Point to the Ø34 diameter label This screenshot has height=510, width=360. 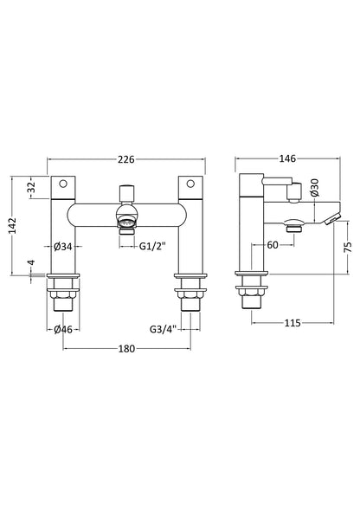point(62,246)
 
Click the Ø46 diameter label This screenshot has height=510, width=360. point(62,329)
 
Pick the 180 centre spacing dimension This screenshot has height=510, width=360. point(126,350)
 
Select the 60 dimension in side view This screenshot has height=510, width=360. point(272,246)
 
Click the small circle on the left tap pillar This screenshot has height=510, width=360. point(65,185)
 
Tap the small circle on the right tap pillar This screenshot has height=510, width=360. point(188,185)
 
